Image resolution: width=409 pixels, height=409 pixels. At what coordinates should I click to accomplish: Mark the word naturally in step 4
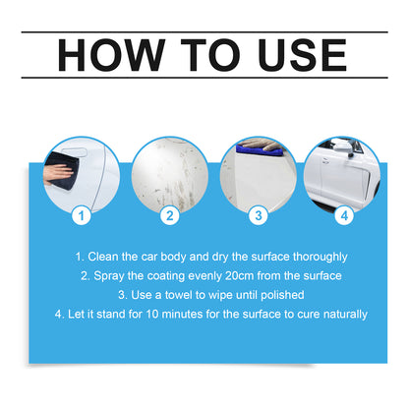pos(341,314)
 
